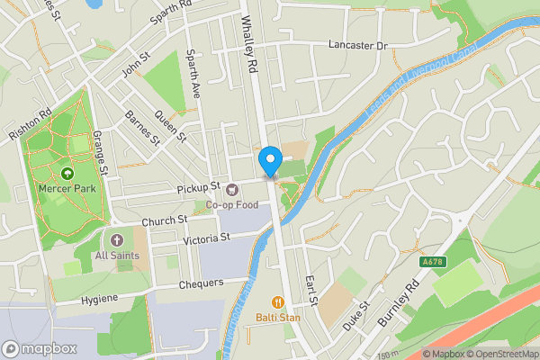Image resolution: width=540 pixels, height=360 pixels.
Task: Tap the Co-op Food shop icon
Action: pyautogui.click(x=232, y=189)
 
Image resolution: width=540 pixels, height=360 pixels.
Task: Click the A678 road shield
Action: pyautogui.click(x=433, y=262)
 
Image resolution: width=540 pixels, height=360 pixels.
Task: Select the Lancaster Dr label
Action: pyautogui.click(x=357, y=45)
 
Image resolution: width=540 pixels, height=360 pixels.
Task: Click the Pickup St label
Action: pyautogui.click(x=200, y=186)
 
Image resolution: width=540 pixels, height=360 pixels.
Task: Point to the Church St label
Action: pyautogui.click(x=164, y=220)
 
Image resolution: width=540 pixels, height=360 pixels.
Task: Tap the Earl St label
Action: pyautogui.click(x=311, y=290)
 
